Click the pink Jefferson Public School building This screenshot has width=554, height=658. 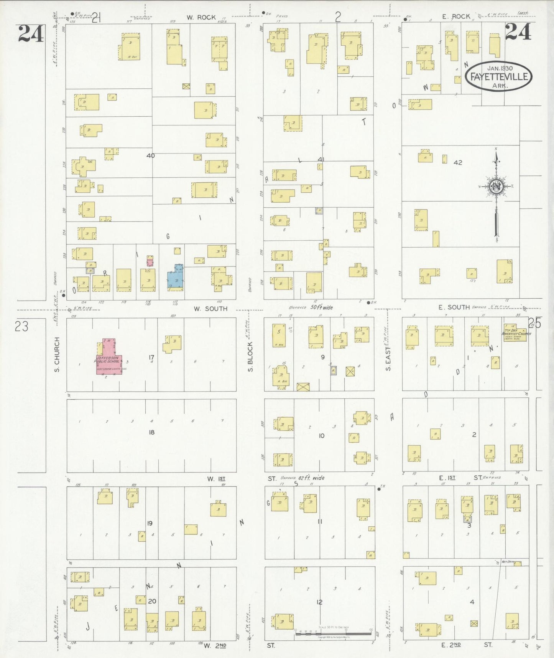click(x=109, y=359)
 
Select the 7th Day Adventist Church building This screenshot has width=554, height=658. click(x=515, y=332)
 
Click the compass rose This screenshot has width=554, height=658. click(x=496, y=187)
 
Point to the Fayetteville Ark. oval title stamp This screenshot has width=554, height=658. click(x=498, y=76)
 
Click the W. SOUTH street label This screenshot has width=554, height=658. click(x=210, y=309)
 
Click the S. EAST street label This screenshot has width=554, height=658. click(x=388, y=359)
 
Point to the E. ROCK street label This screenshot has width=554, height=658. click(x=456, y=17)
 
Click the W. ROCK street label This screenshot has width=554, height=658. click(x=201, y=17)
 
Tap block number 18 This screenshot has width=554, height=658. click(x=151, y=432)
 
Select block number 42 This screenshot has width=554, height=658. click(x=458, y=162)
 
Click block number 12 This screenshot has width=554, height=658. click(x=319, y=602)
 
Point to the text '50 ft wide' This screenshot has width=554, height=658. click(x=321, y=308)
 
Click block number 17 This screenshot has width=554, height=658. click(x=151, y=357)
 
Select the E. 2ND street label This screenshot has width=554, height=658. click(x=451, y=645)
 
